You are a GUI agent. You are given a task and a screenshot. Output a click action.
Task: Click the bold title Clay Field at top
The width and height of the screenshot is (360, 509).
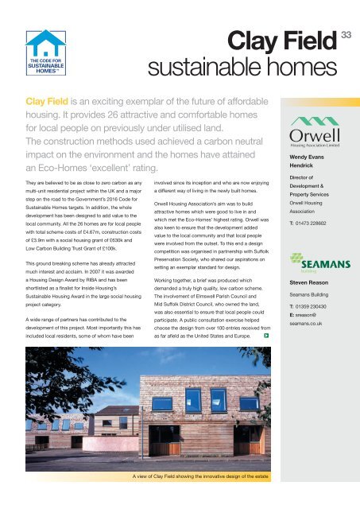coord(295,35)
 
